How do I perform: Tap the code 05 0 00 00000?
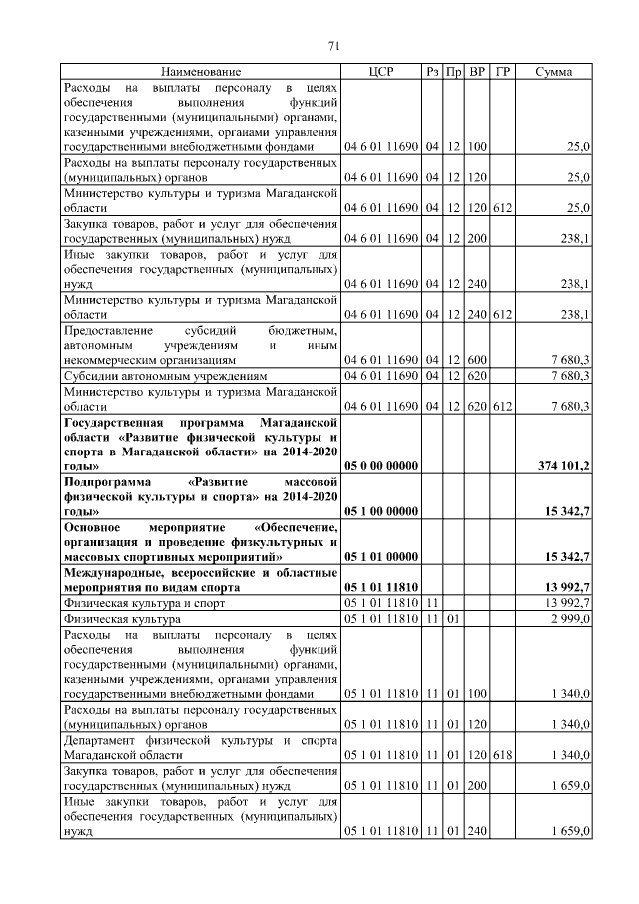pos(379,465)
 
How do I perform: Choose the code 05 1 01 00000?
pos(379,555)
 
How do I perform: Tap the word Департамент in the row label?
pos(104,741)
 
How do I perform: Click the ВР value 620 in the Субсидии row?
pos(476,375)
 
